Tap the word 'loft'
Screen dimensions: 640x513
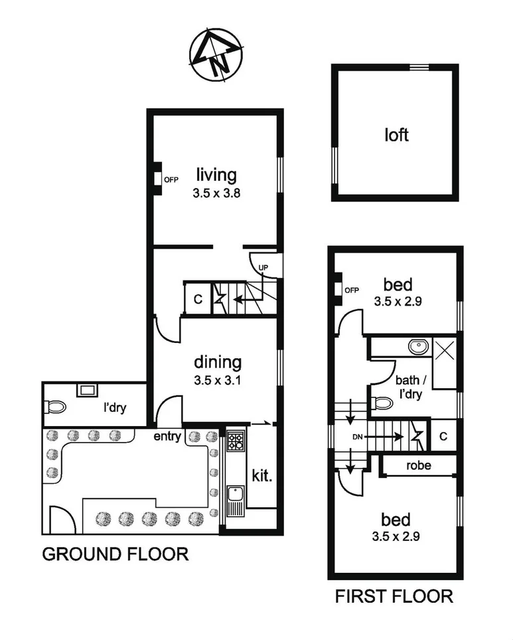coord(396,136)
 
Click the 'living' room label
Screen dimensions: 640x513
coord(216,175)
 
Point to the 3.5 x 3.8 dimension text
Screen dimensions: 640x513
coord(216,195)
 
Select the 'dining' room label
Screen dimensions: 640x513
coord(216,362)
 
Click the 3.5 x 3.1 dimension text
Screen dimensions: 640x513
coord(216,382)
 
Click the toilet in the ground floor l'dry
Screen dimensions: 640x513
coord(56,406)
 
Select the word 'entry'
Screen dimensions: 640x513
coord(168,436)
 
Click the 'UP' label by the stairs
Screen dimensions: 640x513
coord(263,267)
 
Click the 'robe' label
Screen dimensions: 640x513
coord(418,466)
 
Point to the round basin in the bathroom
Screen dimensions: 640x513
coord(417,347)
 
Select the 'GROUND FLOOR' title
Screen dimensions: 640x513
coord(115,554)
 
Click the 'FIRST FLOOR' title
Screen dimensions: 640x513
coord(394,596)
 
